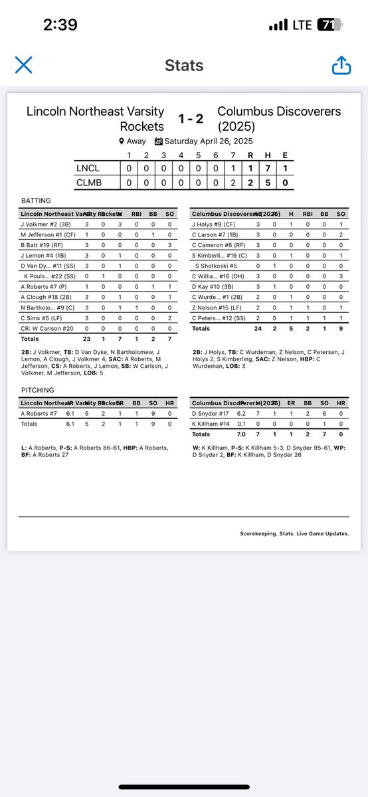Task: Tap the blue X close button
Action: (x=23, y=65)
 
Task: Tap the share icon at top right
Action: (x=341, y=65)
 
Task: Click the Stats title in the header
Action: (x=183, y=66)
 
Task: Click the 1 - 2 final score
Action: (x=190, y=119)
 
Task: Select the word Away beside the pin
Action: (x=136, y=141)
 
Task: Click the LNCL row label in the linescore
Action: (x=88, y=169)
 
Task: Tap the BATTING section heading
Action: (x=36, y=200)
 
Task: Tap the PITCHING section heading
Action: (x=37, y=390)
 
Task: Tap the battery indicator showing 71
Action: (x=326, y=25)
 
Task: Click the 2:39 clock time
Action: (x=60, y=25)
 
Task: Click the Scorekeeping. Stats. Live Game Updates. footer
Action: (x=294, y=533)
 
